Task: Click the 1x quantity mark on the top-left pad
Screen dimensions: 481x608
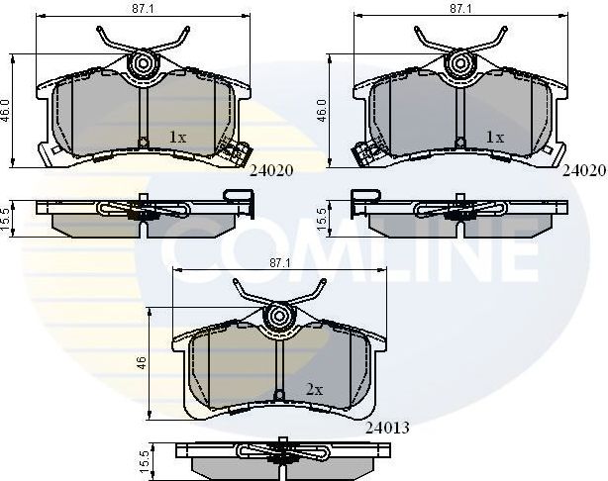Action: tap(177, 138)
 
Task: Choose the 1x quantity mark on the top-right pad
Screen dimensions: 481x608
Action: tap(494, 138)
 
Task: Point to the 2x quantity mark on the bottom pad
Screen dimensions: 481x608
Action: tap(314, 391)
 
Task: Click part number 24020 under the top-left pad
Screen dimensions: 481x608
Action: tap(271, 171)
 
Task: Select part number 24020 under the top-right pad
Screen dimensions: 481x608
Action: tap(584, 171)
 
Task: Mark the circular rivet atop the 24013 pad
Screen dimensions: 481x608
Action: tap(281, 317)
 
